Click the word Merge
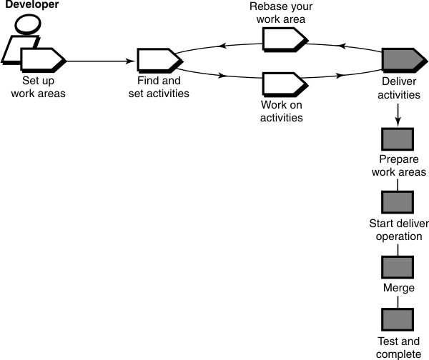pos(397,289)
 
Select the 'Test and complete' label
pos(398,348)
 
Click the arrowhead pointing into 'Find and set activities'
pos(132,61)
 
